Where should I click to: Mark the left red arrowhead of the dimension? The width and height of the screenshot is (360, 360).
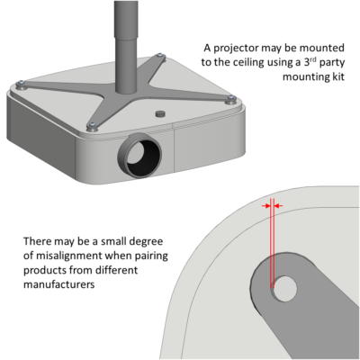tap(265, 206)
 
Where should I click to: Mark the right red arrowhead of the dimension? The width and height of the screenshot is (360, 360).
tap(278, 206)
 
